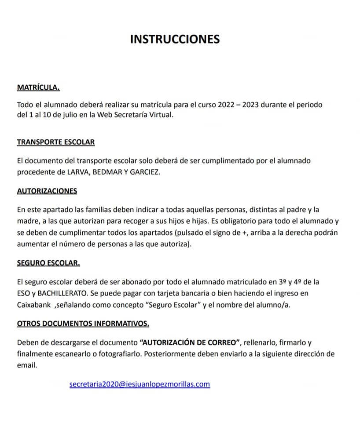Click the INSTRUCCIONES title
tap(175, 39)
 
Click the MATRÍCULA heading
tap(38, 87)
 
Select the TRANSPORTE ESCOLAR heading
tap(56, 142)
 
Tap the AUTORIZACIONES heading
tap(47, 191)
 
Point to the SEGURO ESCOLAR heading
tap(48, 263)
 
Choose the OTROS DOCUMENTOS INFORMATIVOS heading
tap(83, 324)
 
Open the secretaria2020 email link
tap(140, 384)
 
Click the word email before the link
tap(26, 364)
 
